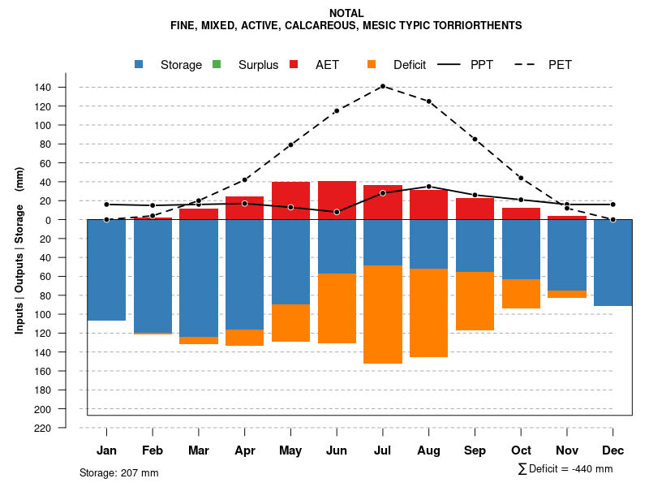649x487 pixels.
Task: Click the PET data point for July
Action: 383,86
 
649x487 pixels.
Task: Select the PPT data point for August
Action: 428,187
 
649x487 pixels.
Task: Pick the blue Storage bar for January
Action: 106,269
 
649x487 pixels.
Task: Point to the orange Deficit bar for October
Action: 521,294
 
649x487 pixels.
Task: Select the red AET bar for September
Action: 475,209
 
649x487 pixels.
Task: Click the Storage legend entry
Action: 180,65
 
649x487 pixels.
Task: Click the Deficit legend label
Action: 410,65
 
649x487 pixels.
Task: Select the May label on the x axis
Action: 290,450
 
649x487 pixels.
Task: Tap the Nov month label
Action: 566,450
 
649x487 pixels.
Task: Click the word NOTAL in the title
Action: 346,13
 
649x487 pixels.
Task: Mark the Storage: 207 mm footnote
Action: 119,472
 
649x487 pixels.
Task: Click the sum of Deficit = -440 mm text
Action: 565,469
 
